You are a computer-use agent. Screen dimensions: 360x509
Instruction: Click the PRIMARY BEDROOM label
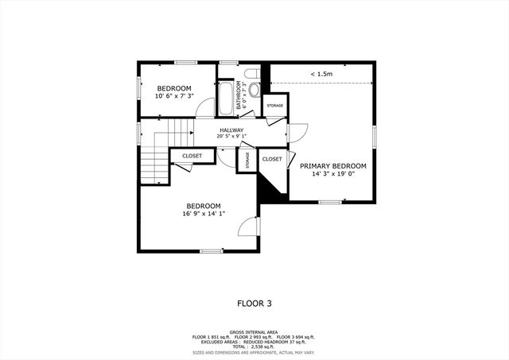click(x=332, y=166)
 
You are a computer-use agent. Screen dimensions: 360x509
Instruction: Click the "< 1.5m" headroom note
click(x=322, y=75)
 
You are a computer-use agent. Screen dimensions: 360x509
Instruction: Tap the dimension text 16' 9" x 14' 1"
click(x=203, y=213)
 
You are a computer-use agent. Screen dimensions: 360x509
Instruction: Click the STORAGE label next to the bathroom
click(x=274, y=106)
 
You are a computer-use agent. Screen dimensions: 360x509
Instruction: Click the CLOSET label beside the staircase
click(x=192, y=156)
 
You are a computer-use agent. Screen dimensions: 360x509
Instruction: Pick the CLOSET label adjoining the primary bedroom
click(x=272, y=159)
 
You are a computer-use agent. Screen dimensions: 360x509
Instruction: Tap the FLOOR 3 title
click(x=254, y=303)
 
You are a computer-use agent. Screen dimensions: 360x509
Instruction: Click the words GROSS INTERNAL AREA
click(x=254, y=331)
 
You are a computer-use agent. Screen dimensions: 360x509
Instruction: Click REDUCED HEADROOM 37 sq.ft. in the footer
click(x=287, y=343)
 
